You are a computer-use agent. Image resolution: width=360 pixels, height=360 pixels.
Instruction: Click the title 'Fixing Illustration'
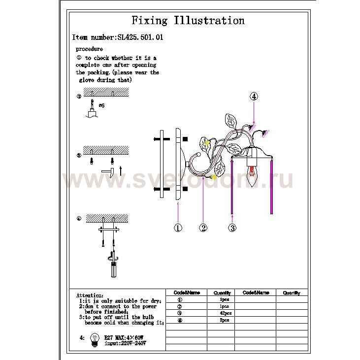coord(188,21)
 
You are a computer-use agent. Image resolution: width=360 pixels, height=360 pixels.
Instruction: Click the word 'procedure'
coord(89,49)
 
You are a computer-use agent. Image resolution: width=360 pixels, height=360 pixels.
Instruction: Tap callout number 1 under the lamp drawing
coord(178,228)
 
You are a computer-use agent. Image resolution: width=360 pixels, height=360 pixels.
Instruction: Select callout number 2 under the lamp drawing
coord(203,228)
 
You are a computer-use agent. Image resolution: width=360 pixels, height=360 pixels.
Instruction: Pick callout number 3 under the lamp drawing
coord(232,228)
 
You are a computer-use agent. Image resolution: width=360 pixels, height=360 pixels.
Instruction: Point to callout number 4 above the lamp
coord(254,97)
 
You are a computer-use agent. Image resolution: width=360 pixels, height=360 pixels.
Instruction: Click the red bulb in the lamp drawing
coord(253,174)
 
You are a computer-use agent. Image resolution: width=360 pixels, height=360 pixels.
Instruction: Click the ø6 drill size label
coord(101,105)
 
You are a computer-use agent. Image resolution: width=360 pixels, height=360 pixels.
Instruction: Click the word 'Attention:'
coord(90,295)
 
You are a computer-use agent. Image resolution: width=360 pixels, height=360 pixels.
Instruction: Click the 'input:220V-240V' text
coord(125,343)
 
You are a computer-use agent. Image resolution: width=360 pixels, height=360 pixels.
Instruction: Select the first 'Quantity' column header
coord(222,293)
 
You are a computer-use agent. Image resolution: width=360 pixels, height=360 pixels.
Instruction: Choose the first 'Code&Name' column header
coord(186,293)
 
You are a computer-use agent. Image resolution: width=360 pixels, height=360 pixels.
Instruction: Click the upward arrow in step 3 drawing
coord(120,171)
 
